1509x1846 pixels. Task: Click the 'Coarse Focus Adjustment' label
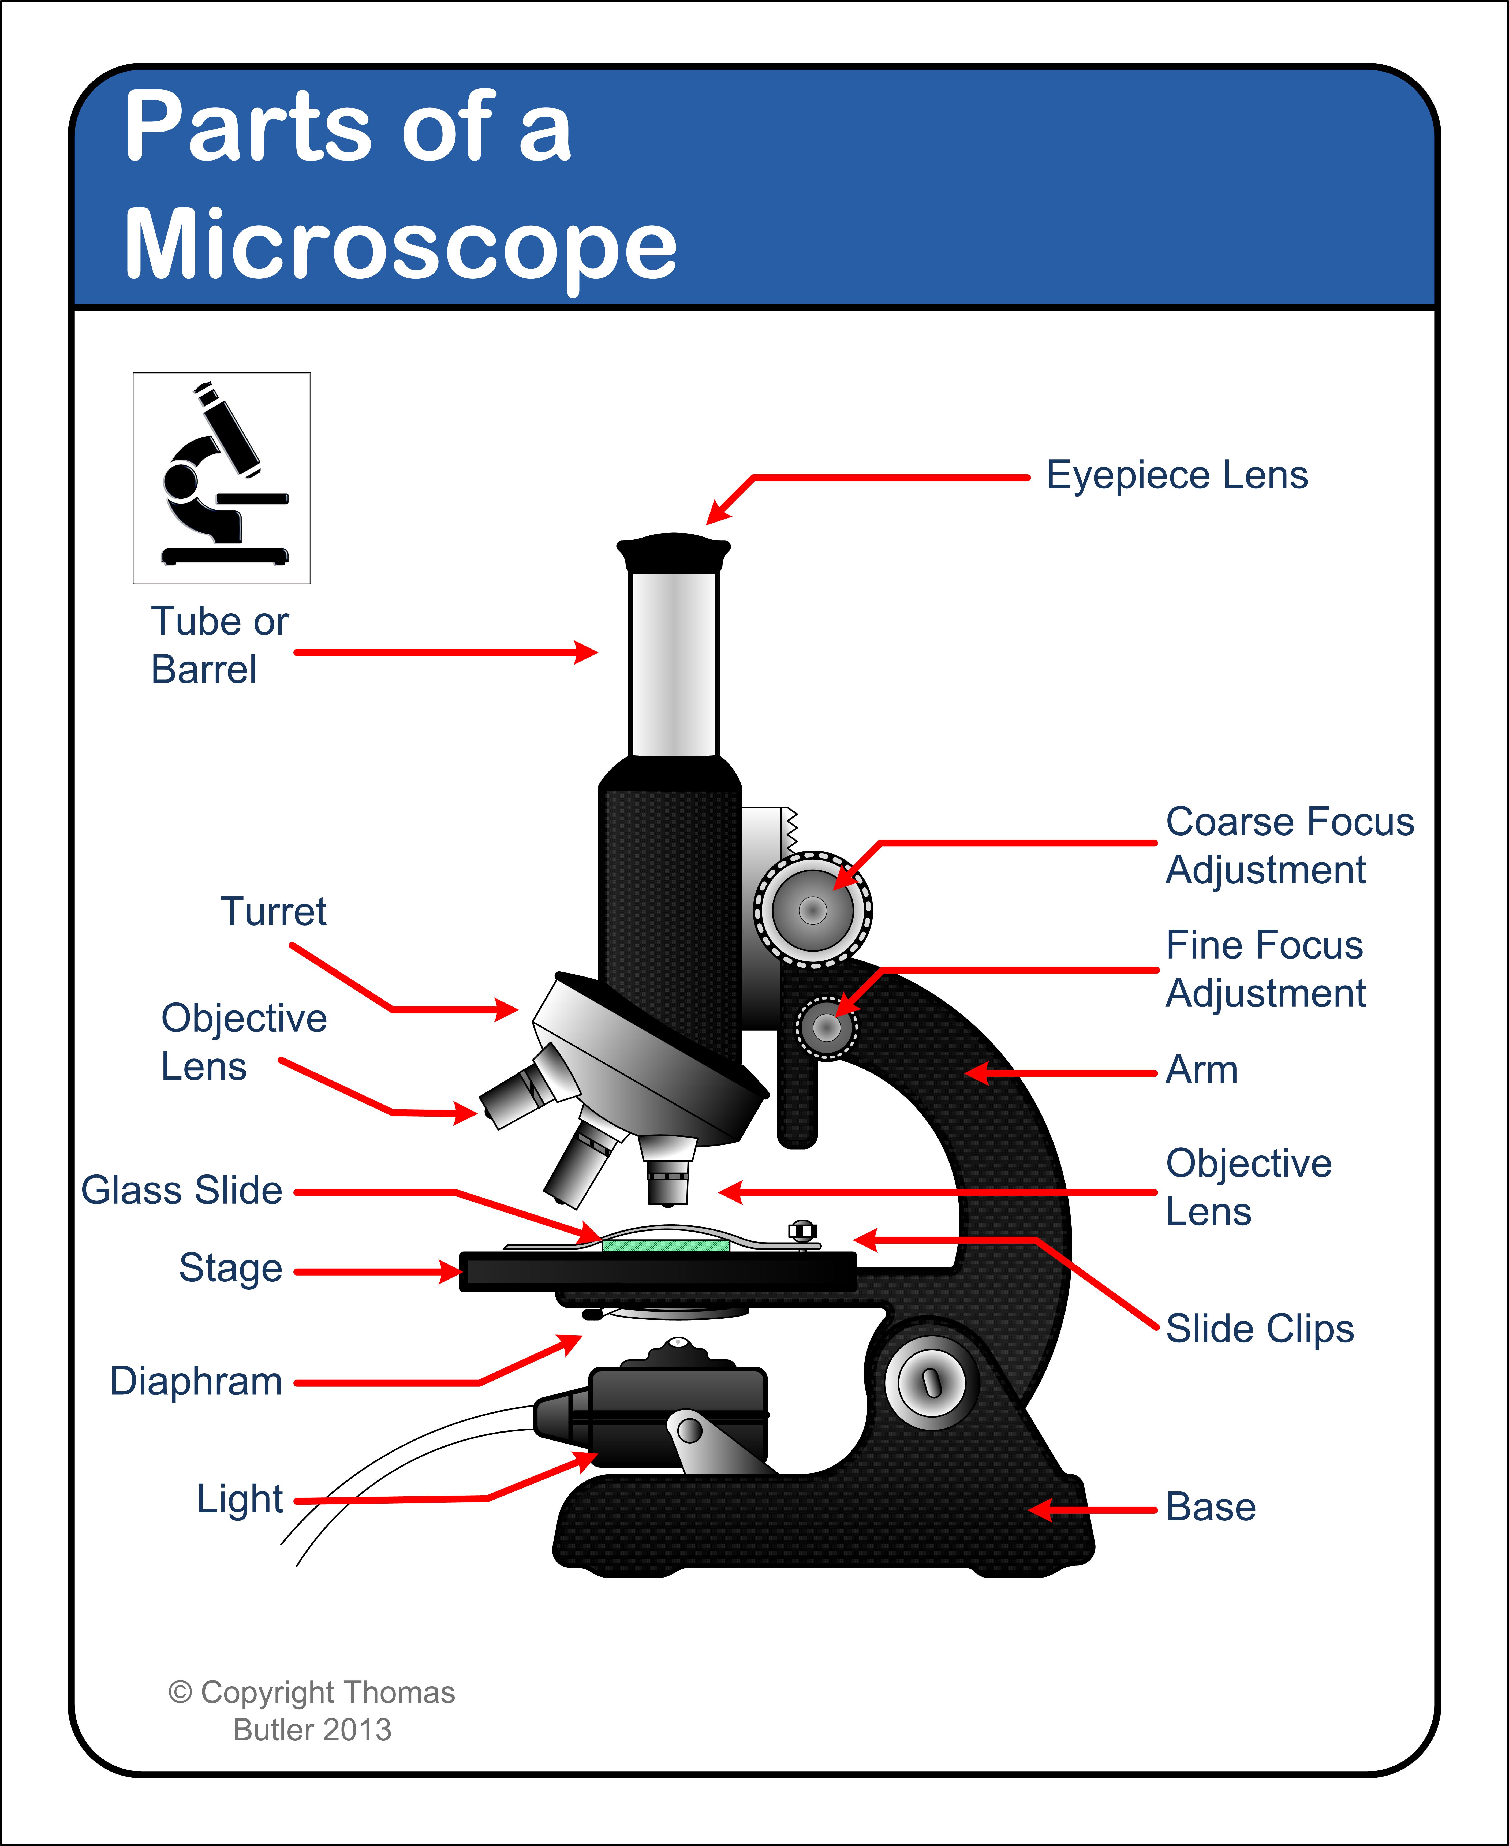pos(1289,845)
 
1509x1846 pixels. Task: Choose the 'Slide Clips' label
pos(1260,1328)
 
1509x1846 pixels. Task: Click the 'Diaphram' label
pos(196,1381)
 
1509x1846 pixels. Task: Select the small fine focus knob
pos(826,1028)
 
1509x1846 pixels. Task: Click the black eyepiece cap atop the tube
pos(674,552)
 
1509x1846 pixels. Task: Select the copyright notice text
pos(311,1710)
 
